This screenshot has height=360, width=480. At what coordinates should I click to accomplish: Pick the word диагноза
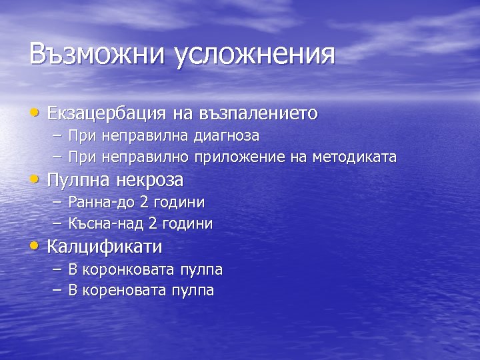pos(227,136)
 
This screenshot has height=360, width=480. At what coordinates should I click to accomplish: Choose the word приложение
pos(241,157)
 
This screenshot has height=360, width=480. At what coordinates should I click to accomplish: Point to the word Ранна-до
pos(102,202)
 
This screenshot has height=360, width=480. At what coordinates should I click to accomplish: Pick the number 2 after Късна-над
pos(153,224)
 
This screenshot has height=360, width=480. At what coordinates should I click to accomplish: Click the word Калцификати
pos(105,247)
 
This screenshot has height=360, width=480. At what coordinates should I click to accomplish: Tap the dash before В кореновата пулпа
pos(56,290)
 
